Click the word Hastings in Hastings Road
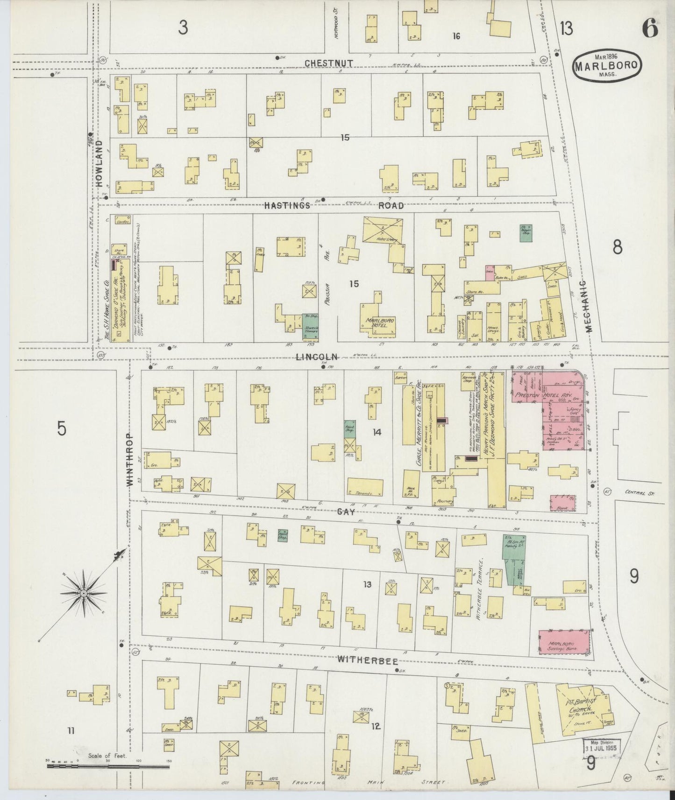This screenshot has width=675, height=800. pyautogui.click(x=287, y=205)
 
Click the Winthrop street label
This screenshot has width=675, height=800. pyautogui.click(x=130, y=460)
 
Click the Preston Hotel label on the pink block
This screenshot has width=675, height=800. pyautogui.click(x=546, y=395)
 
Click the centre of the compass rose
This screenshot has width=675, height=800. pyautogui.click(x=83, y=593)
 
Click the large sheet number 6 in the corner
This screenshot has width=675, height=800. pyautogui.click(x=649, y=29)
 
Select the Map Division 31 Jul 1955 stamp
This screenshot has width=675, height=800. pyautogui.click(x=601, y=746)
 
